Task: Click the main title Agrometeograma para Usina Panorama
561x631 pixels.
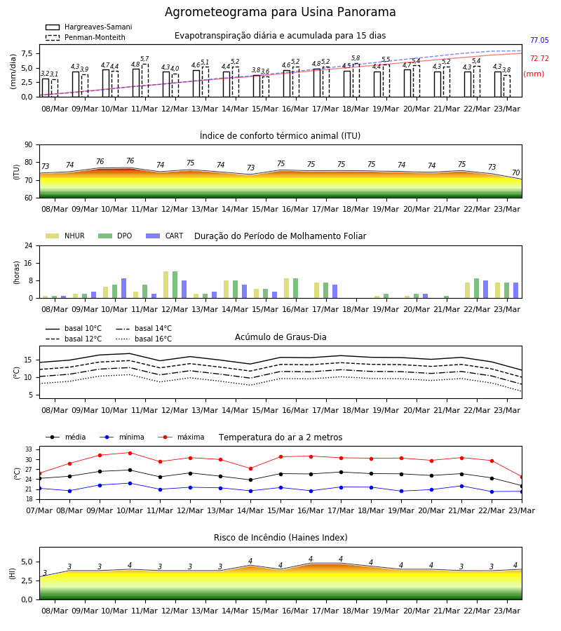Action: (x=280, y=12)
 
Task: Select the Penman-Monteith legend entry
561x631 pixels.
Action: (x=86, y=37)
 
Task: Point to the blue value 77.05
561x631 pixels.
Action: (x=539, y=40)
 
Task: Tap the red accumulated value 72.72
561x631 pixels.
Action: (x=539, y=58)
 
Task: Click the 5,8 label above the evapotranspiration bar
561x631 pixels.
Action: (x=356, y=58)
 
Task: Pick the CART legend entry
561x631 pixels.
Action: (x=165, y=236)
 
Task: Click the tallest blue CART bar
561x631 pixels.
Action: (x=123, y=288)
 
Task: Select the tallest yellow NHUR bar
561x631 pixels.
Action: (x=165, y=285)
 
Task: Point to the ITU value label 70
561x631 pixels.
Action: (x=515, y=172)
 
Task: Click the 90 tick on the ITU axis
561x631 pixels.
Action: (x=28, y=145)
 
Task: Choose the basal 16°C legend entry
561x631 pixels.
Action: (x=144, y=339)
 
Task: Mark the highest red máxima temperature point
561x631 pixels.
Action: (x=130, y=453)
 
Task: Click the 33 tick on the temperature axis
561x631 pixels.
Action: (x=29, y=449)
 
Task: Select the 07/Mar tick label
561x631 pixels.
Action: (x=39, y=510)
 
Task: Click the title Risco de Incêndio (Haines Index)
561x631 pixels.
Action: (x=280, y=538)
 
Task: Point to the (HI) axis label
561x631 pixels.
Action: (x=12, y=574)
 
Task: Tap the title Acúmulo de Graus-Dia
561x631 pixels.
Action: (x=280, y=337)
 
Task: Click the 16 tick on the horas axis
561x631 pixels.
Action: (x=28, y=263)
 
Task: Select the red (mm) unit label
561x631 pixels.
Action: (x=534, y=74)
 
